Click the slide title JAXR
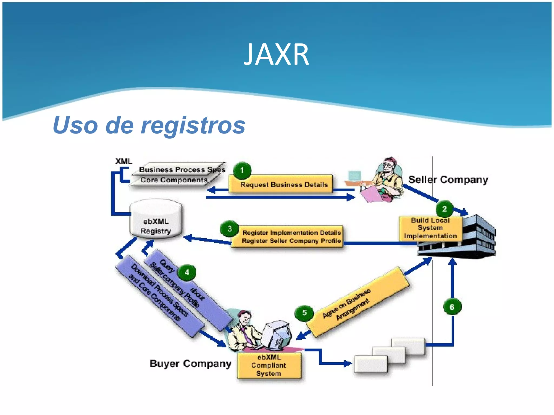point(276,55)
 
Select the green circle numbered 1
point(242,170)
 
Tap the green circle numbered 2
point(444,209)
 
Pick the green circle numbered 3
point(230,229)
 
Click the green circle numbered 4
point(187,272)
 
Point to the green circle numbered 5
point(304,313)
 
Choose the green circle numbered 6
point(452,307)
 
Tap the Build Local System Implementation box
point(430,228)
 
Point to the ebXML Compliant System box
point(269,365)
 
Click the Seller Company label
point(448,180)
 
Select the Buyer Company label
point(190,364)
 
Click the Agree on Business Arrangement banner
point(357,301)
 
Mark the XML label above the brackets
point(124,161)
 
